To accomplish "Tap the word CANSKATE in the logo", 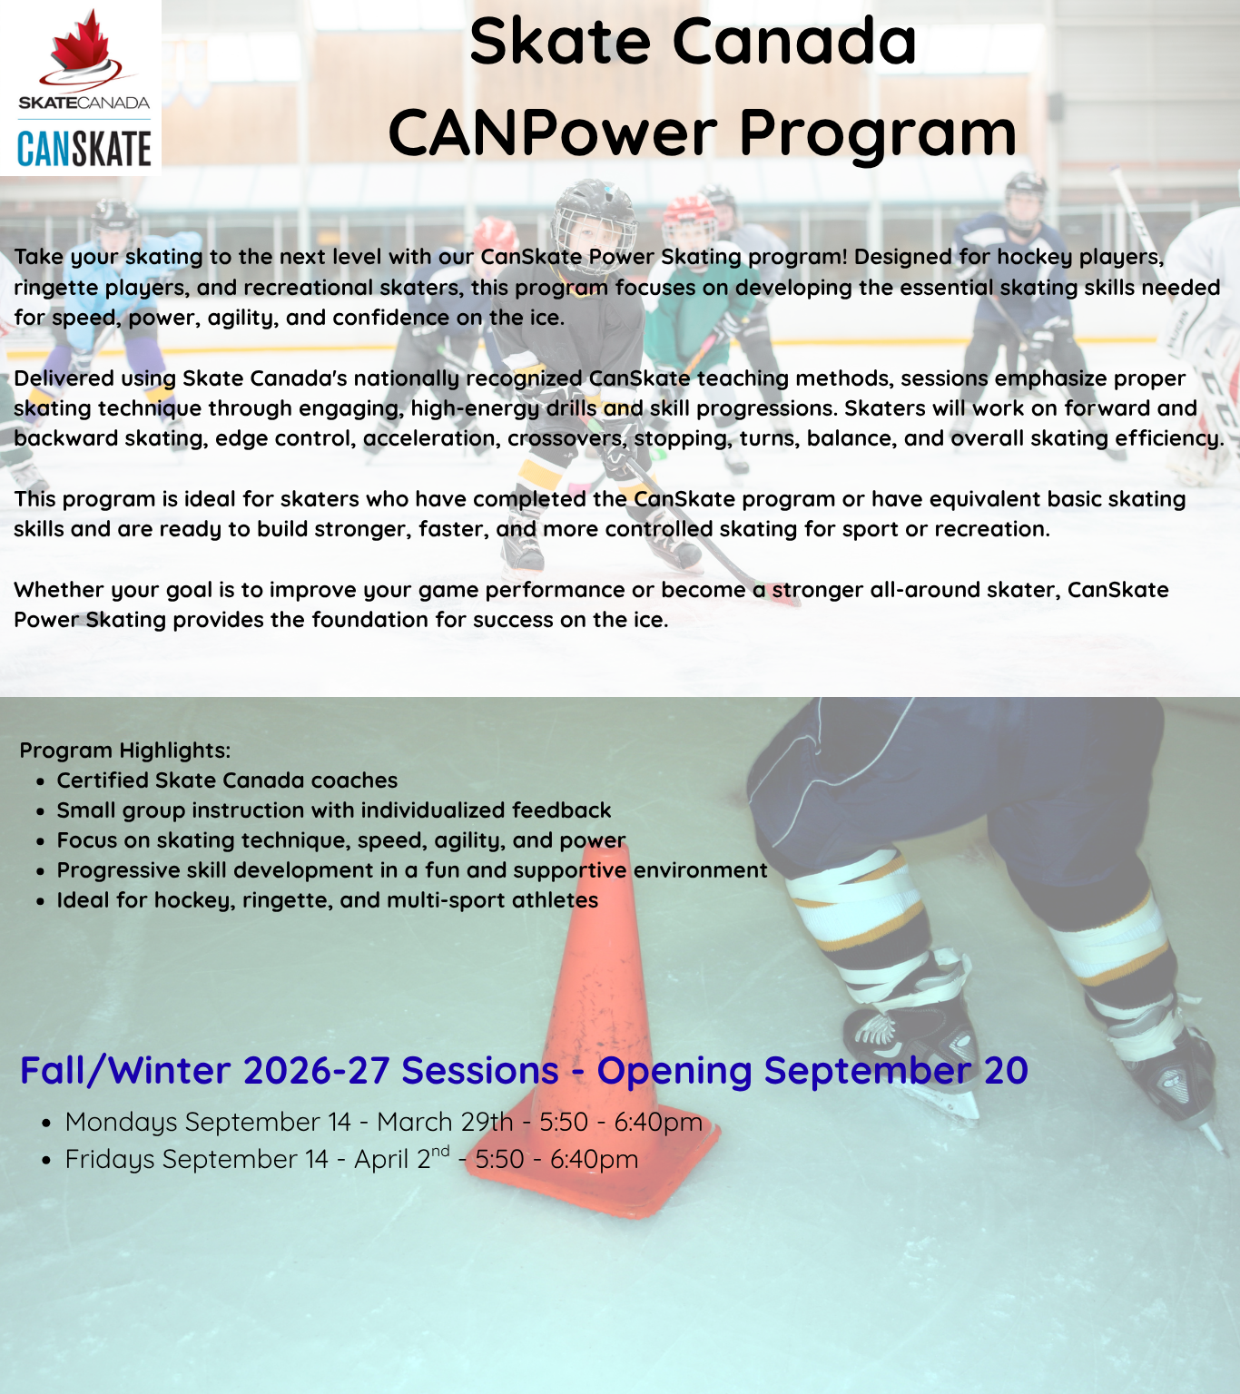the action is click(x=84, y=149).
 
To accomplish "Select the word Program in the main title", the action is click(x=878, y=135).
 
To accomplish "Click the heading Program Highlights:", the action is click(x=124, y=750).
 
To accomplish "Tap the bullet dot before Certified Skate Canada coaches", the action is click(x=41, y=781).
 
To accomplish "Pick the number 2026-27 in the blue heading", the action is click(x=317, y=1071).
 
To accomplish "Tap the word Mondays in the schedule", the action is click(x=121, y=1123).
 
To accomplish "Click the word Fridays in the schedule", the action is click(x=110, y=1159).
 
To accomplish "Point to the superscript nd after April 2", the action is click(x=440, y=1151).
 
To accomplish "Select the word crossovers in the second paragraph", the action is click(x=567, y=439).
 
